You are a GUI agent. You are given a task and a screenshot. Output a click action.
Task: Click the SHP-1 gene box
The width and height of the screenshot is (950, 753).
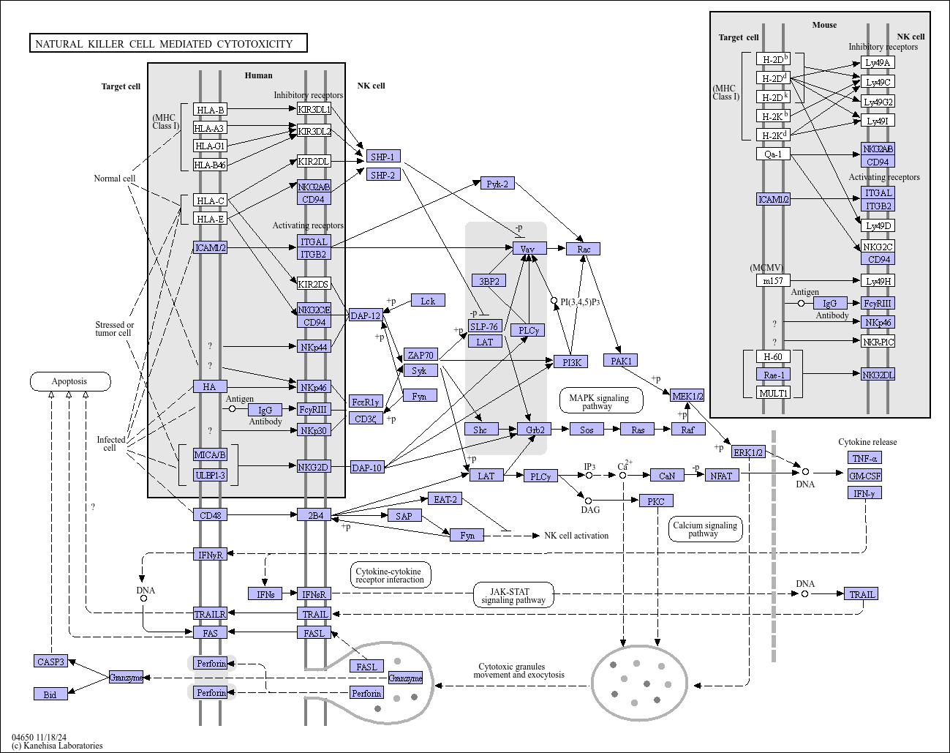pos(383,157)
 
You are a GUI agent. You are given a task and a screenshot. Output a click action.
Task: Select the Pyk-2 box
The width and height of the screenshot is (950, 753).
pos(497,184)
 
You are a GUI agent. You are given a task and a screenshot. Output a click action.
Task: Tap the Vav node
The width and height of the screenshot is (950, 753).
pos(529,248)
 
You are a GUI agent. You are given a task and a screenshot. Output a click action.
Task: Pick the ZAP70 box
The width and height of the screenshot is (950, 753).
pos(421,354)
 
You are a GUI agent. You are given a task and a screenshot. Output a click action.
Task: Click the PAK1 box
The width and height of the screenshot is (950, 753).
pos(621,361)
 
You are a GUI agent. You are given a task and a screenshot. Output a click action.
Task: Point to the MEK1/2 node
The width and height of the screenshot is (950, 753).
pos(687,395)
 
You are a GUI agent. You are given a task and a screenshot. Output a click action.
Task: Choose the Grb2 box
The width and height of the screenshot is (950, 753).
pos(534,429)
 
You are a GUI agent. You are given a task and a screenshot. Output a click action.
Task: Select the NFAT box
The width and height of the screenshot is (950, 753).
pos(722,476)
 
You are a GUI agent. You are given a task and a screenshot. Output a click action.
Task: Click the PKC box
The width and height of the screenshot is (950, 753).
pos(656,501)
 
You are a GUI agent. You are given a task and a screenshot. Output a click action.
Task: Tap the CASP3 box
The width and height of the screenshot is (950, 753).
pos(50,661)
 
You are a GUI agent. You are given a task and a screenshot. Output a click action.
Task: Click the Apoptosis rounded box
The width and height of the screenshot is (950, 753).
pos(70,381)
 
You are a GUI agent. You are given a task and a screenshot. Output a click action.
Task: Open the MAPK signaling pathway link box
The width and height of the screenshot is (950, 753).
pos(601,401)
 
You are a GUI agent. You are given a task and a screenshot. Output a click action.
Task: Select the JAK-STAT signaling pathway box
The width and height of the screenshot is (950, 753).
pos(513,595)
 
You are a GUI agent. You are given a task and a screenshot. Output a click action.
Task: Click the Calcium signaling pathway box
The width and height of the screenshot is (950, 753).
pos(706,529)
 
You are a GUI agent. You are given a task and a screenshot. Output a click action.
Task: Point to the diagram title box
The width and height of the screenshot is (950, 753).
pos(168,43)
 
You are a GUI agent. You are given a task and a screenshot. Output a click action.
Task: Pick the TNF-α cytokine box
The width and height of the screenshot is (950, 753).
pos(865,458)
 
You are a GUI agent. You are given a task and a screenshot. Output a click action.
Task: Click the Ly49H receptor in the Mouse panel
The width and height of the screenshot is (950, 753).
pos(878,280)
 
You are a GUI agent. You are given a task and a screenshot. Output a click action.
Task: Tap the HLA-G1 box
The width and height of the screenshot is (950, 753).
pos(210,146)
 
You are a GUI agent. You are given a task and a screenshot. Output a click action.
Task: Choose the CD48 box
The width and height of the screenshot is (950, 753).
pos(210,515)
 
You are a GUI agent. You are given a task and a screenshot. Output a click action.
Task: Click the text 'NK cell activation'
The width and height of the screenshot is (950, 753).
pos(576,536)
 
